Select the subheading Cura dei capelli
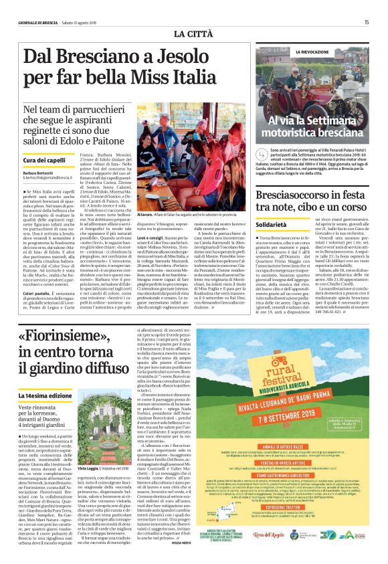click(x=43, y=161)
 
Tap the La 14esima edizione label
click(x=46, y=378)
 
